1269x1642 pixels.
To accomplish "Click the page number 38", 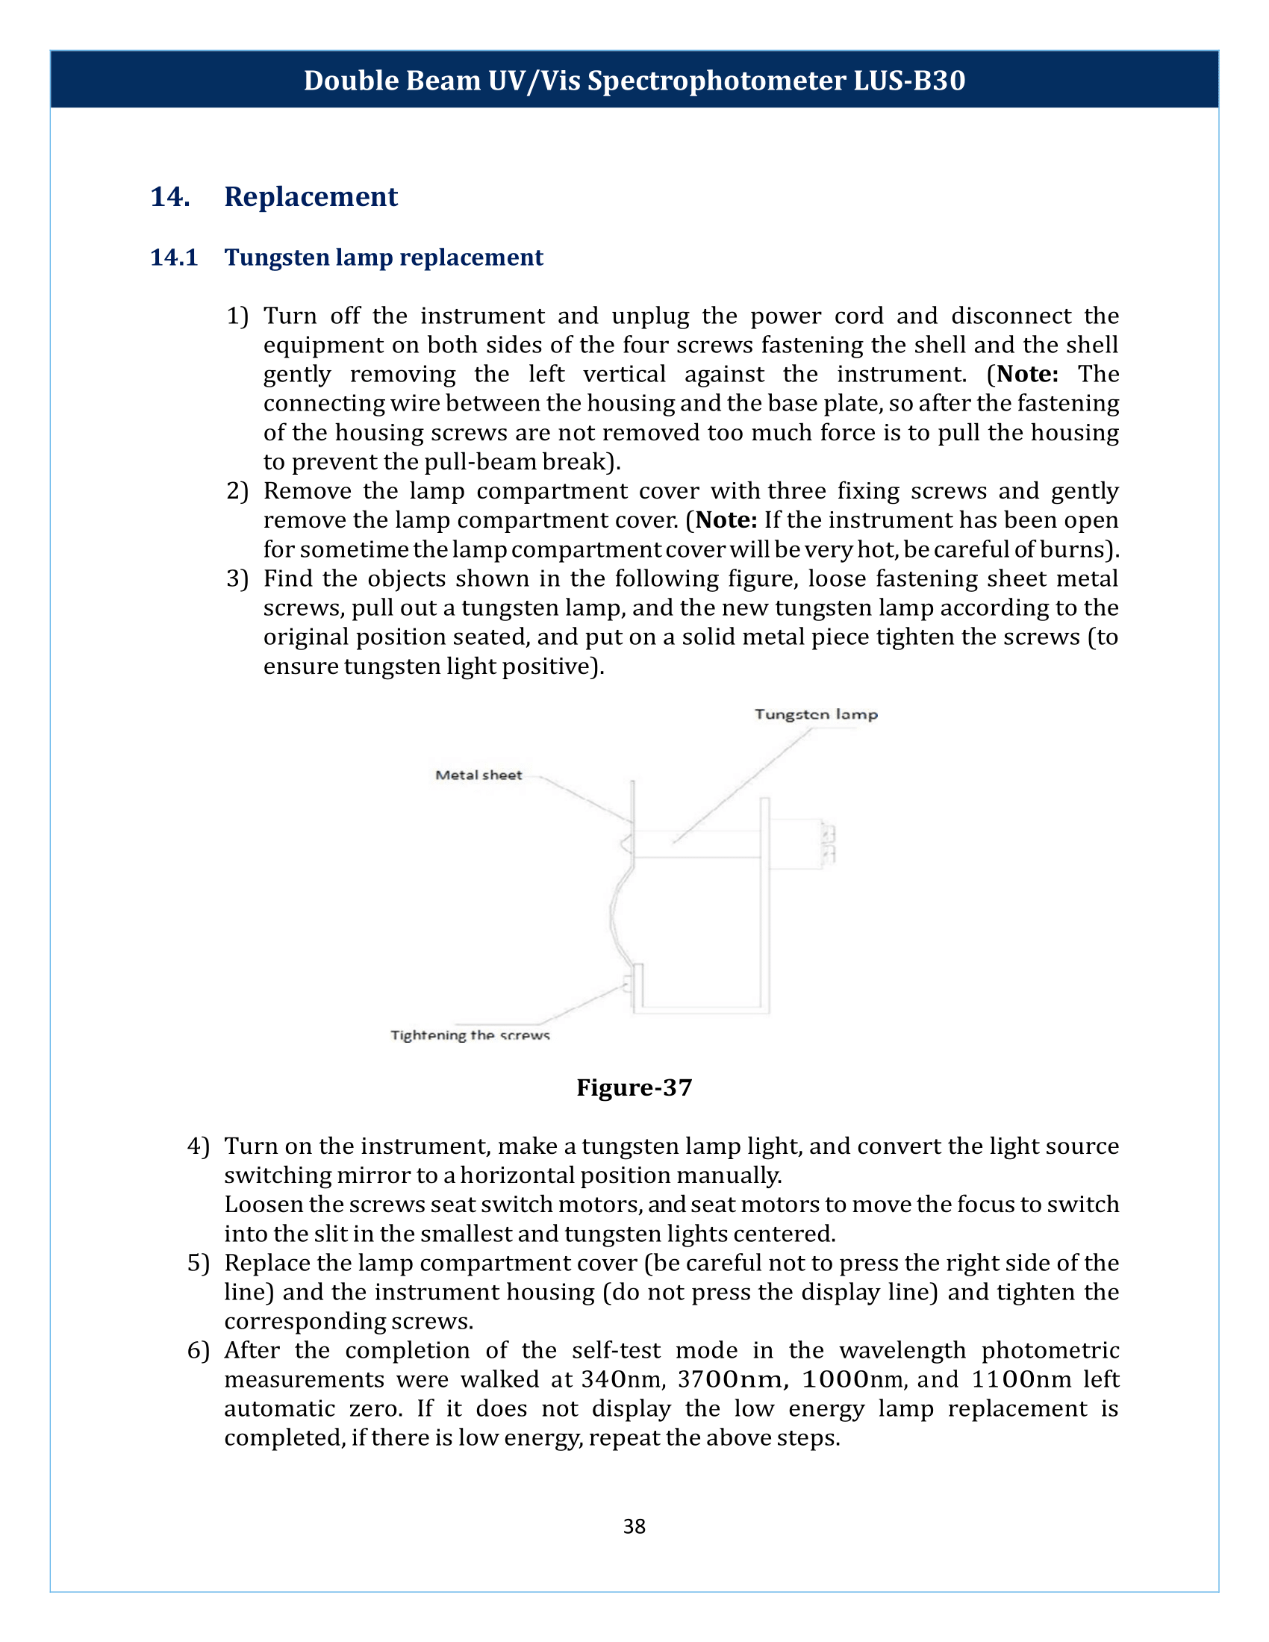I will tap(634, 1526).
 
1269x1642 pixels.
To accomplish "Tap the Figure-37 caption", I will tap(634, 1087).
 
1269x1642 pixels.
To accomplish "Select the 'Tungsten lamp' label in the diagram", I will tap(816, 714).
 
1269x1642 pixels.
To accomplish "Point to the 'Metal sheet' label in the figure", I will tap(478, 775).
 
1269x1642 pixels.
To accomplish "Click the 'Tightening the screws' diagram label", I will tap(470, 1035).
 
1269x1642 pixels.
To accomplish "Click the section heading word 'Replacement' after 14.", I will tap(311, 196).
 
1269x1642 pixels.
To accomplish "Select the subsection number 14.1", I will tap(174, 257).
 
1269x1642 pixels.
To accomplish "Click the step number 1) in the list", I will tap(237, 316).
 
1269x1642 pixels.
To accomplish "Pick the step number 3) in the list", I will tap(237, 578).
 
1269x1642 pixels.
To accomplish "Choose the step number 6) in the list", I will tap(199, 1350).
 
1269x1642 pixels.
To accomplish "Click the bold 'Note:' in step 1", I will tap(1027, 374).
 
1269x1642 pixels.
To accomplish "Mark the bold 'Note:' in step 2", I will tap(726, 519).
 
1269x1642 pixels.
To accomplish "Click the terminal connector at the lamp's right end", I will tap(829, 843).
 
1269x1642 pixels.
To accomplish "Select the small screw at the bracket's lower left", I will tap(626, 984).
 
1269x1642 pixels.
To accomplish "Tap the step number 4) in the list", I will tap(199, 1146).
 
